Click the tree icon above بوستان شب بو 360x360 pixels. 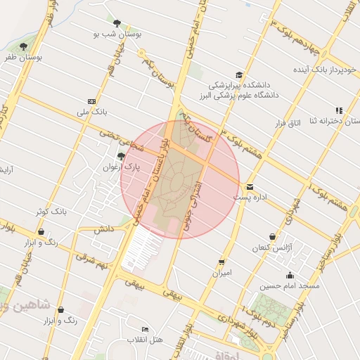pyautogui.click(x=117, y=23)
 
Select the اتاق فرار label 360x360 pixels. pyautogui.click(x=288, y=123)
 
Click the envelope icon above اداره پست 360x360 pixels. pyautogui.click(x=250, y=186)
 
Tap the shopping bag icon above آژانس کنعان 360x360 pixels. pyautogui.click(x=272, y=236)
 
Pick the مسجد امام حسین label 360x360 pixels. pyautogui.click(x=290, y=286)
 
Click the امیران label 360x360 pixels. pyautogui.click(x=221, y=272)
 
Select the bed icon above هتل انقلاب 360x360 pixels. pyautogui.click(x=145, y=329)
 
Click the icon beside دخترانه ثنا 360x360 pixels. pyautogui.click(x=339, y=110)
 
